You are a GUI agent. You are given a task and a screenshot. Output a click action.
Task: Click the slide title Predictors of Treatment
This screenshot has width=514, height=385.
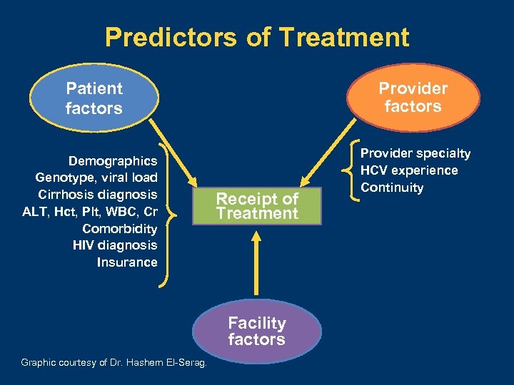pos(257,37)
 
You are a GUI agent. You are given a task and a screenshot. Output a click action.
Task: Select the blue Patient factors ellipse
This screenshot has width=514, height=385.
pos(94,98)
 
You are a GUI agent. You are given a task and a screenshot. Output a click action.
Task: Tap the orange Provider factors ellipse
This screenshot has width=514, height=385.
pos(413,98)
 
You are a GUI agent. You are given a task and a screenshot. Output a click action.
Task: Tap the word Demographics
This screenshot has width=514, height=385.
pos(113,161)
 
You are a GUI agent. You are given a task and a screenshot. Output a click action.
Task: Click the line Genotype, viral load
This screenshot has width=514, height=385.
pos(96,178)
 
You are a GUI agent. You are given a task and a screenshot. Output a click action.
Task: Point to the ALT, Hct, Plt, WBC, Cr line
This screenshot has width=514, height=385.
pos(91,212)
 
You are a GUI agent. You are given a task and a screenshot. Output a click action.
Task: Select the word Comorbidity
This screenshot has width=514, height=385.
pos(119,229)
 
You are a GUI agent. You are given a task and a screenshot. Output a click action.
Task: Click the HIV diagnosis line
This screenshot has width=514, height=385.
pos(115,245)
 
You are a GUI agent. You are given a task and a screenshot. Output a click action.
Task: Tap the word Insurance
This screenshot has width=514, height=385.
pos(127,262)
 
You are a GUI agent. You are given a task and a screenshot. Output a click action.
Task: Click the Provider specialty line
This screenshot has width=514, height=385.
pos(415,153)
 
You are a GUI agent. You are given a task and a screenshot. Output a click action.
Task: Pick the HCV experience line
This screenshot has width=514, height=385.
pos(409,170)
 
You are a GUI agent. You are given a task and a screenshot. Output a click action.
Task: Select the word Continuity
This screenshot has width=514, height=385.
pos(392,188)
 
